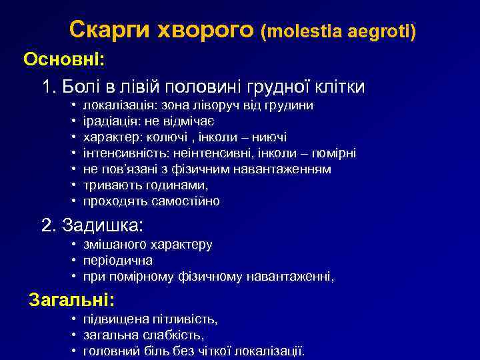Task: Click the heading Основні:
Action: point(64,59)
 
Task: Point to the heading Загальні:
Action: point(72,299)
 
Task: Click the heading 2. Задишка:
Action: point(93,225)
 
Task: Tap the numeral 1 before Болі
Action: point(47,87)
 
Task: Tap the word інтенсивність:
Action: point(122,153)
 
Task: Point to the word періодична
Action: point(118,260)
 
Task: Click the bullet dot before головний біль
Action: point(73,351)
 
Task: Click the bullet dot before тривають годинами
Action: point(73,185)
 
